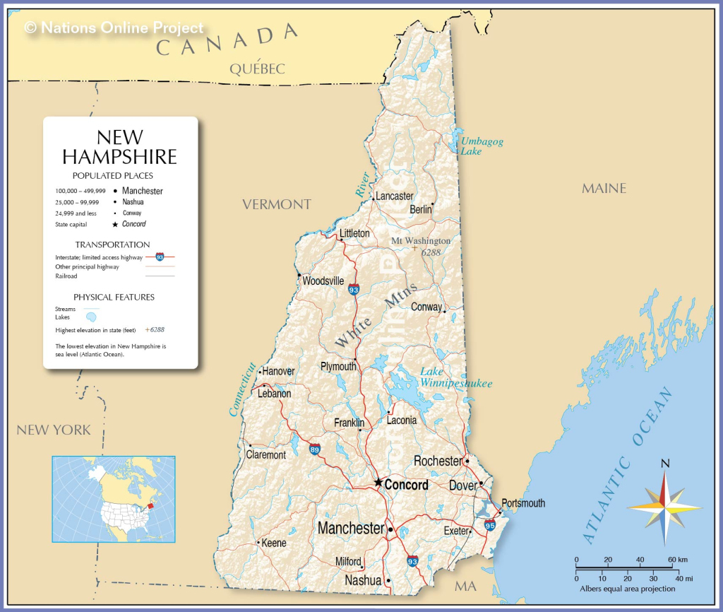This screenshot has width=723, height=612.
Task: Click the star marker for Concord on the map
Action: coord(378,483)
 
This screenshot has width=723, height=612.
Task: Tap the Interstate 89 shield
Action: coord(315,449)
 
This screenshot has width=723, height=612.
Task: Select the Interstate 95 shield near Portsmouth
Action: coord(490,525)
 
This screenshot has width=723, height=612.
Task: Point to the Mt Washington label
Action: coord(421,241)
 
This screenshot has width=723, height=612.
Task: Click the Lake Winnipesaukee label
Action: coord(455,377)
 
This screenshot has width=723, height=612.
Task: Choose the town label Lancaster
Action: coord(394,196)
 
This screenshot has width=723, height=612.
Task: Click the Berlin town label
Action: coord(421,209)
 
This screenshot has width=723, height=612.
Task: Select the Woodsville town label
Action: coord(323,281)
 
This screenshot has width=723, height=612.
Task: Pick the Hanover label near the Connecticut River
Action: coord(278,371)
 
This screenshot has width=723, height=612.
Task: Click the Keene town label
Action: coord(274,543)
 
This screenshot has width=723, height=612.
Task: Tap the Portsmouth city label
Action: coord(523,503)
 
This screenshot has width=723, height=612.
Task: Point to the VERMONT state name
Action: coord(277,204)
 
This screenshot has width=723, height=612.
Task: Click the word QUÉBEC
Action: coord(257,69)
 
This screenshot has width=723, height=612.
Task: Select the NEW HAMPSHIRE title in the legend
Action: coord(119,146)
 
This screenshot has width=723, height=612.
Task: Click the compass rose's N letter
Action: coord(664,464)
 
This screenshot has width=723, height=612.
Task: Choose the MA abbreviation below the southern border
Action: coord(465,586)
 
